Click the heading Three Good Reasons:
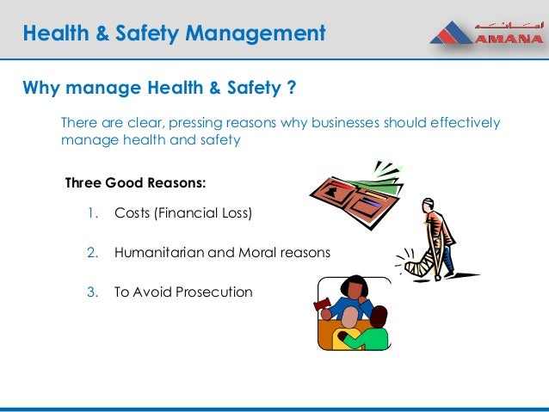(x=136, y=183)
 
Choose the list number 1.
(x=92, y=212)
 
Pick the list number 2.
(x=92, y=253)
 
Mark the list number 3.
(x=92, y=292)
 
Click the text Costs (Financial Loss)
(x=183, y=212)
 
